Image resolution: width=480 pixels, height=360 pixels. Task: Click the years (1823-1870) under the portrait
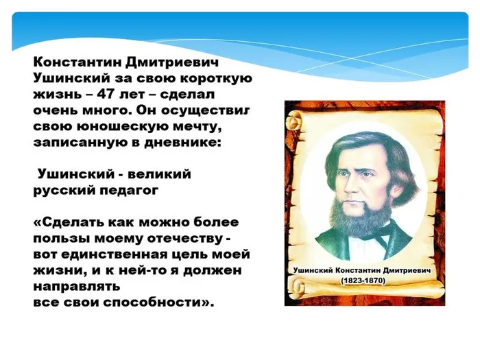point(363,282)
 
